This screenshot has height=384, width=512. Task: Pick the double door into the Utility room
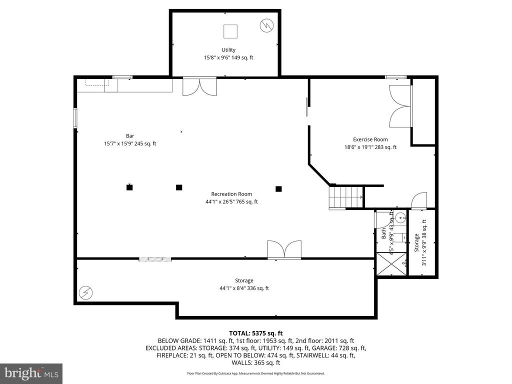point(199,86)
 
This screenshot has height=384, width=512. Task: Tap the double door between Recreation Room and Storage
point(284,249)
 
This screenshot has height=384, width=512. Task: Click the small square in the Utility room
point(230,31)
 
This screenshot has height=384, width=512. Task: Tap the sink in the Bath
point(400,217)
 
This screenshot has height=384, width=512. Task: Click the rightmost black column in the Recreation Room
point(278,188)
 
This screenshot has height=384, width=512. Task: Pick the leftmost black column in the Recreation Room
point(129,187)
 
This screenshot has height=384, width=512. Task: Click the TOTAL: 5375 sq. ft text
point(256,333)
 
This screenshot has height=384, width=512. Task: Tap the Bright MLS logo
point(31,373)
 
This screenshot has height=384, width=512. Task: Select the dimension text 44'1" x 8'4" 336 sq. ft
point(244,288)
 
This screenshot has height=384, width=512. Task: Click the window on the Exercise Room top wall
point(395,77)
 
